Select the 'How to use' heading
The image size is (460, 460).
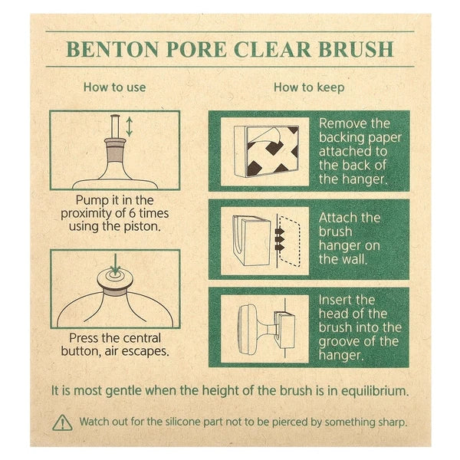pyautogui.click(x=114, y=87)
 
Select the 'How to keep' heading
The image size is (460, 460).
pyautogui.click(x=309, y=87)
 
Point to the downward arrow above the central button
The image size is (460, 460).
pyautogui.click(x=115, y=269)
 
